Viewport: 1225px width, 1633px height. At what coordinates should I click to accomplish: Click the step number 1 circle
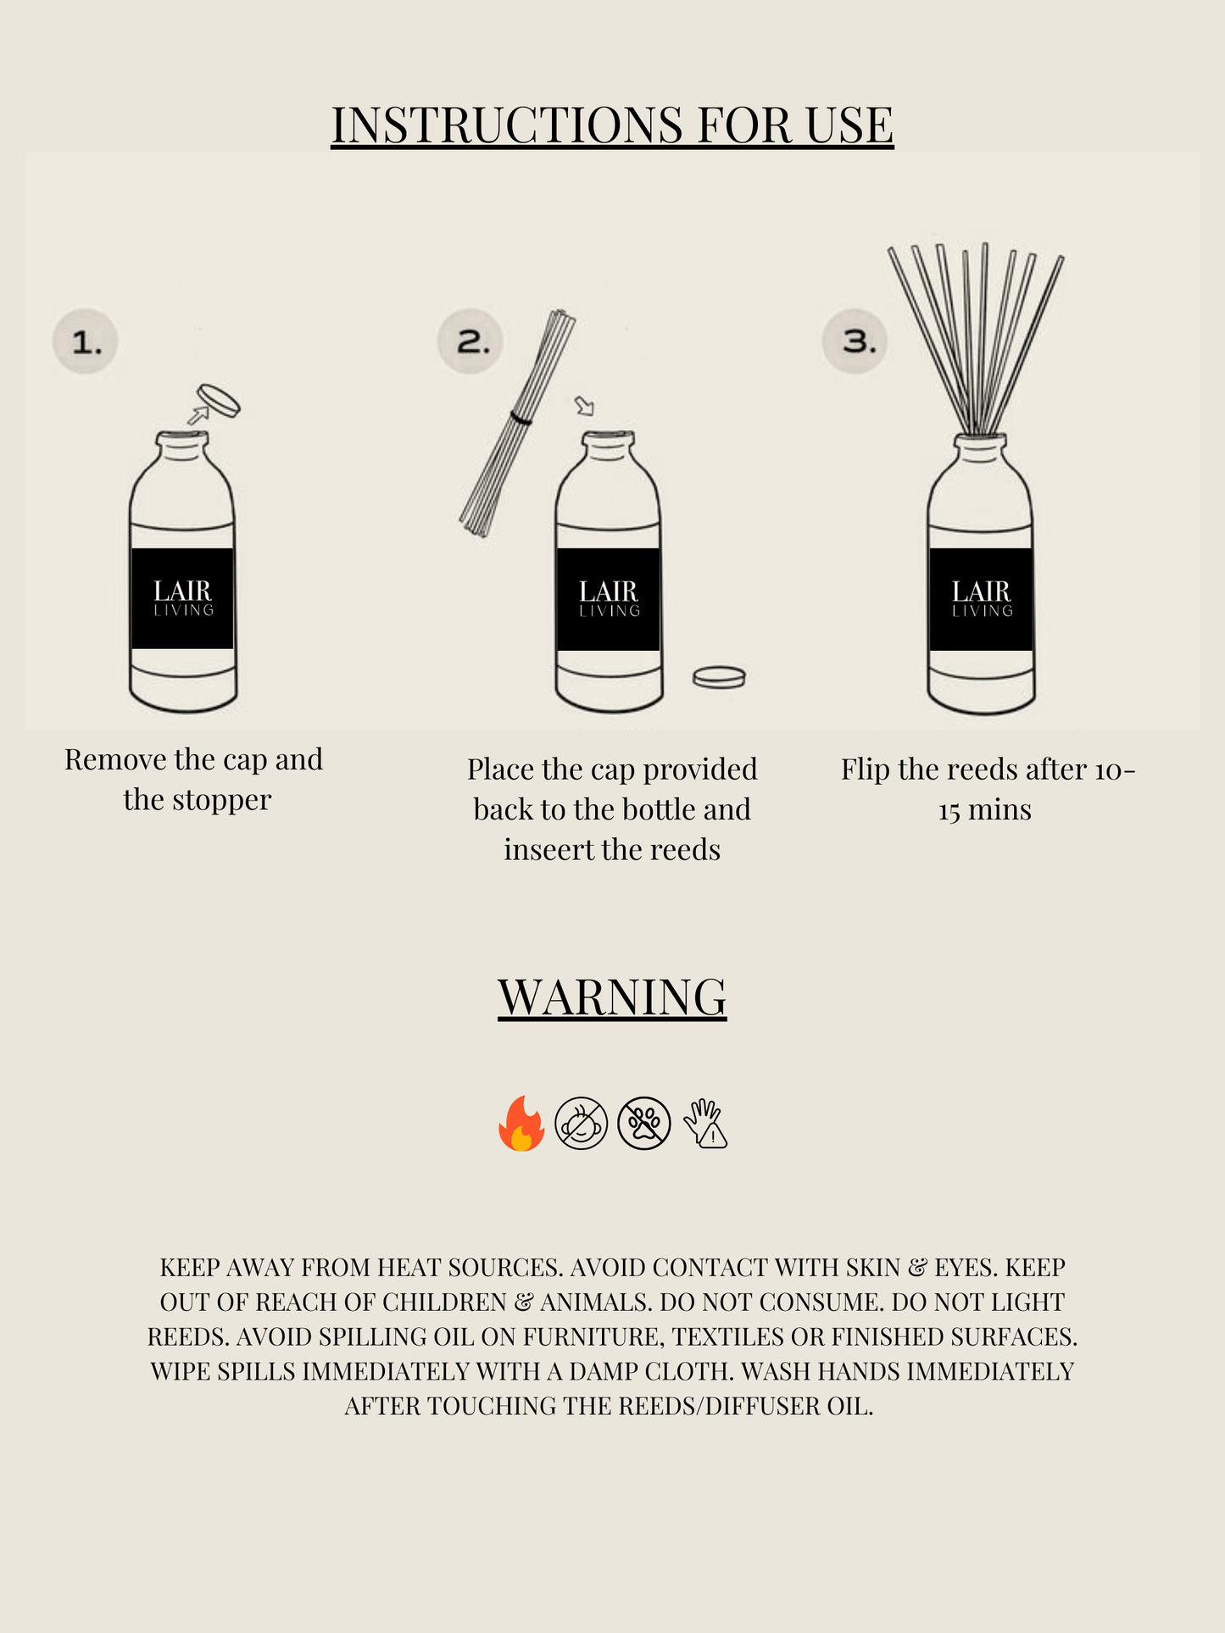[x=86, y=342]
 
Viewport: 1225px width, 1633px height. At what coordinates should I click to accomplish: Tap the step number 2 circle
[x=471, y=342]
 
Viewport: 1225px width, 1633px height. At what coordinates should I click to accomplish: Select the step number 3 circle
[x=855, y=342]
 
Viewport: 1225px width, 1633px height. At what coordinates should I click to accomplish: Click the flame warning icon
[x=521, y=1124]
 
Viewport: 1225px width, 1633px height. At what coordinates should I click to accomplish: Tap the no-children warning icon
[x=581, y=1124]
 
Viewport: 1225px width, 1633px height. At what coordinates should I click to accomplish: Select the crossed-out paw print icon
[x=643, y=1124]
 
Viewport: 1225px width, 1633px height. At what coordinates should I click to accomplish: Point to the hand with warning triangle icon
[x=705, y=1124]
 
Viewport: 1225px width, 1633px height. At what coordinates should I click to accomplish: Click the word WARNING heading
[x=612, y=997]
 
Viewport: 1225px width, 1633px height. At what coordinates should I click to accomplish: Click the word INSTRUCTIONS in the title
[x=506, y=125]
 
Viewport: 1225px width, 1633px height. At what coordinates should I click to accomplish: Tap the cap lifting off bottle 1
[x=219, y=401]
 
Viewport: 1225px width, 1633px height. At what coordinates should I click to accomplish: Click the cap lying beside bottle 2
[x=719, y=677]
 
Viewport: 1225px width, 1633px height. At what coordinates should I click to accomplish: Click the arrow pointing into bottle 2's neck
[x=584, y=406]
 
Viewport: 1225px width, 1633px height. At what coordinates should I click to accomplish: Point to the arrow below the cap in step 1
[x=198, y=414]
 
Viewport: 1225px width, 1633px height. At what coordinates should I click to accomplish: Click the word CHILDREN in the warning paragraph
[x=443, y=1303]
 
